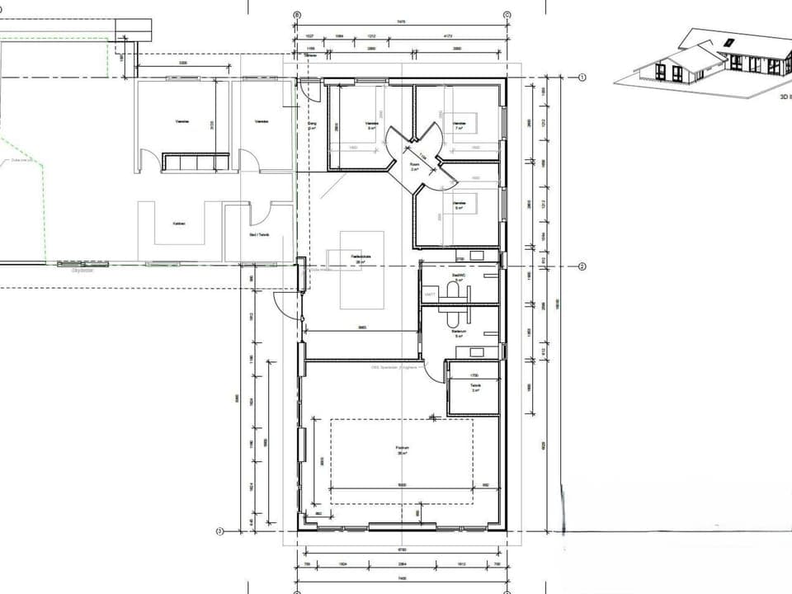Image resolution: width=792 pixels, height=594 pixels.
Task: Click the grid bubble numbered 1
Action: [582, 78]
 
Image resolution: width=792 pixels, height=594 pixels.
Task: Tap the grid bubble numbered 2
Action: [582, 266]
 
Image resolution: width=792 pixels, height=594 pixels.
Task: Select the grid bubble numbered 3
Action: [219, 530]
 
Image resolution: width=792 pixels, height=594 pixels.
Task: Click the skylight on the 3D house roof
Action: [728, 43]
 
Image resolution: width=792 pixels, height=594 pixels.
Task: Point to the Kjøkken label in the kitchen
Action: [178, 224]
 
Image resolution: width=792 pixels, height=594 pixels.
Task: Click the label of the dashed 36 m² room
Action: [402, 450]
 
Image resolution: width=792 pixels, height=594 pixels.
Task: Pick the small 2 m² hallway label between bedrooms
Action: [415, 167]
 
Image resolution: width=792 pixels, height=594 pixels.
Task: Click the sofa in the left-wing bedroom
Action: [196, 162]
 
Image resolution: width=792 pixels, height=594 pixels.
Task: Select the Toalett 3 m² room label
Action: [475, 387]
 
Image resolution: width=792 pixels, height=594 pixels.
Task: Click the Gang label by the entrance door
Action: [313, 126]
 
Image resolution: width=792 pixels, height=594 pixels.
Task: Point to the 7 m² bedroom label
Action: [460, 125]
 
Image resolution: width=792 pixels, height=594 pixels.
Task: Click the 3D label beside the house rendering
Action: [785, 96]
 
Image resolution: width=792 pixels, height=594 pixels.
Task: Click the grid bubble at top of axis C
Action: [507, 15]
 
